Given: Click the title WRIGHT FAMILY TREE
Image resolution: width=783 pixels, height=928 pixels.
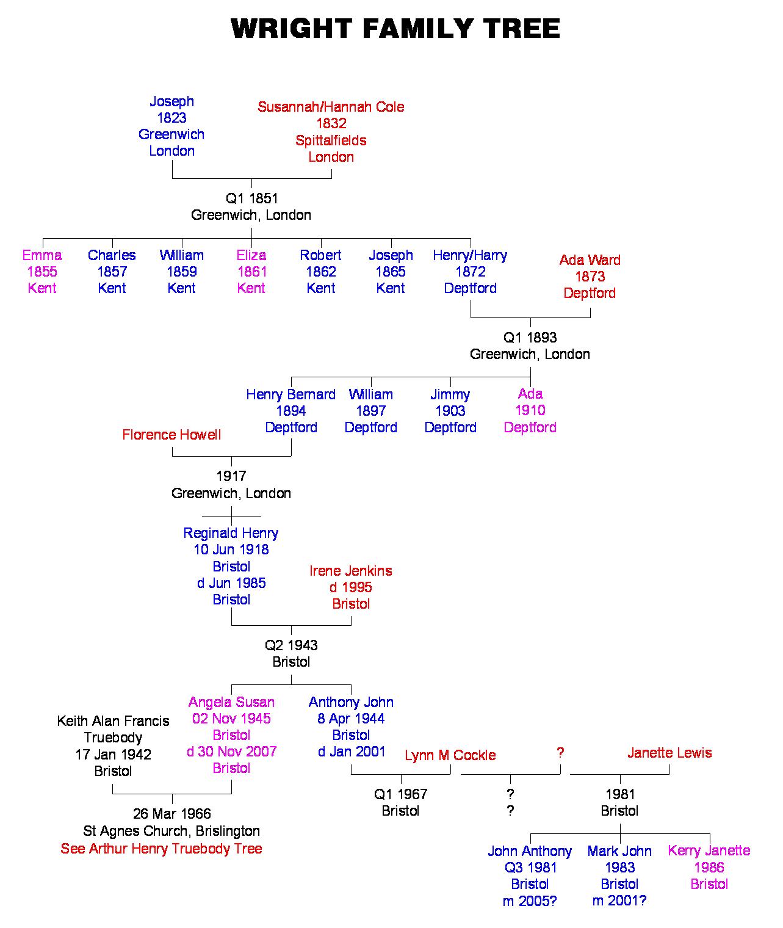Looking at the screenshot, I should [395, 29].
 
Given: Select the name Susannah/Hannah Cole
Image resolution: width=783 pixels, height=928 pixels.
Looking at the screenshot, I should [331, 107].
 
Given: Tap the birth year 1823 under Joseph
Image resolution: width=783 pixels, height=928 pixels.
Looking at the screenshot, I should [171, 118].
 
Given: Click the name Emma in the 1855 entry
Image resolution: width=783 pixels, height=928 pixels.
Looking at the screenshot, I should [42, 255].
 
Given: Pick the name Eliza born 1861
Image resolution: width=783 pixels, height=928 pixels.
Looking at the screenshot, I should [251, 255].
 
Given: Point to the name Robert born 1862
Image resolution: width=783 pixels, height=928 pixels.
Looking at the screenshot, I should [320, 255].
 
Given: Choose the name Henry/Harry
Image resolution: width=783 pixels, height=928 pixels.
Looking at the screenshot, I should [470, 255].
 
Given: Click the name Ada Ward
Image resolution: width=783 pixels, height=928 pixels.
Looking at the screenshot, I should [590, 260].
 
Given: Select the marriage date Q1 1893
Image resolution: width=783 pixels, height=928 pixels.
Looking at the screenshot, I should [530, 338].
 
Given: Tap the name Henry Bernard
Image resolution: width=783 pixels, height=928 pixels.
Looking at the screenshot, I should [290, 394].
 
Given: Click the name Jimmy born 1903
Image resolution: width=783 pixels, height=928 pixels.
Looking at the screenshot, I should [450, 394].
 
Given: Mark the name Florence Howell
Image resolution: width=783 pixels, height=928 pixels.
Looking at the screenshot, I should [171, 435].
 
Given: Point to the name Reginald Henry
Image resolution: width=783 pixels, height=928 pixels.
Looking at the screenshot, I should [231, 533].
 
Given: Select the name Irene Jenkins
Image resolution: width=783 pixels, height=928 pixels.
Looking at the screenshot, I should [351, 571].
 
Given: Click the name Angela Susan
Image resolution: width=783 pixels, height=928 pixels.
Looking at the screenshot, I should [231, 702].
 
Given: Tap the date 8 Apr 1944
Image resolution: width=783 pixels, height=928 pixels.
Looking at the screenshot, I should [351, 719].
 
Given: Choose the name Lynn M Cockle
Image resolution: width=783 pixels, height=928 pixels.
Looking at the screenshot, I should [450, 755].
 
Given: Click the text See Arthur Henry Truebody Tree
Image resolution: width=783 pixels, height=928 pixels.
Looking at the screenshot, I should [161, 849].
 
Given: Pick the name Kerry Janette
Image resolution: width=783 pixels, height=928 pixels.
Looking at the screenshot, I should [709, 850].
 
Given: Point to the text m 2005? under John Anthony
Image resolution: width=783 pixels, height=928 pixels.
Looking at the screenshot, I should [530, 901].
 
